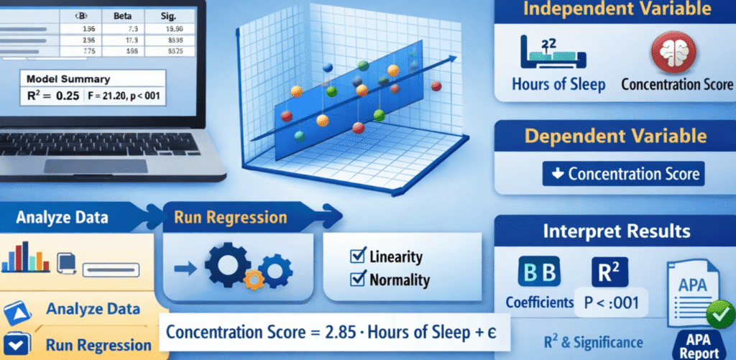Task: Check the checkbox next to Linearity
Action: coord(355,256)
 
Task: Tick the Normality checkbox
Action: coord(355,280)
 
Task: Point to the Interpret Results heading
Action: coord(615,232)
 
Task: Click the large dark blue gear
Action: coord(226,267)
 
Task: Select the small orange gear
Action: coord(252,279)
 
